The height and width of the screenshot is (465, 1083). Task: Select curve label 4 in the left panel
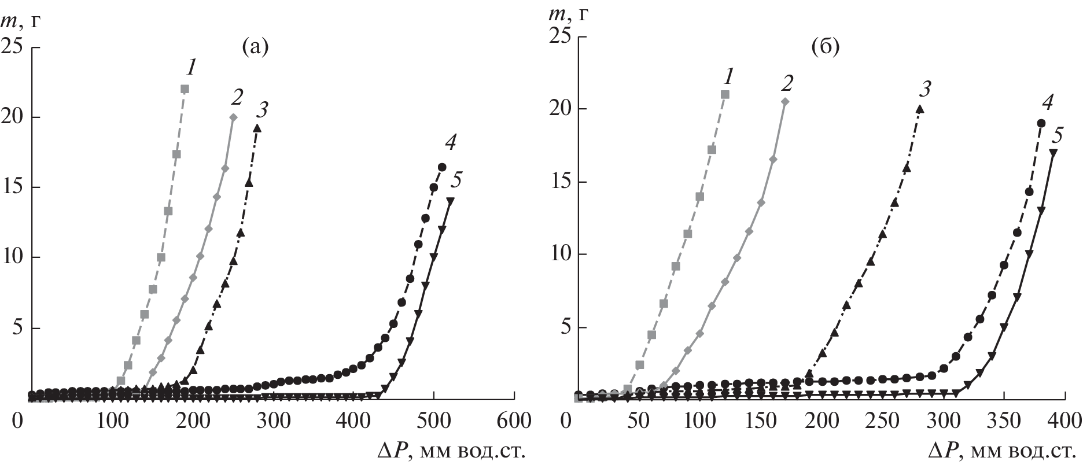point(452,142)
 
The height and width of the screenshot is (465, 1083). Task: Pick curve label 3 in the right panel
point(925,88)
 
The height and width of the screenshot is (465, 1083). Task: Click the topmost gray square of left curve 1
point(185,89)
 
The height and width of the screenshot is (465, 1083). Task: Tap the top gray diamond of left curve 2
point(233,117)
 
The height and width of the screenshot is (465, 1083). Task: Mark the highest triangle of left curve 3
point(257,128)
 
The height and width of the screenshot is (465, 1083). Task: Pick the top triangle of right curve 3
point(920,109)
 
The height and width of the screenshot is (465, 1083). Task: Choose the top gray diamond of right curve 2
point(785,102)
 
